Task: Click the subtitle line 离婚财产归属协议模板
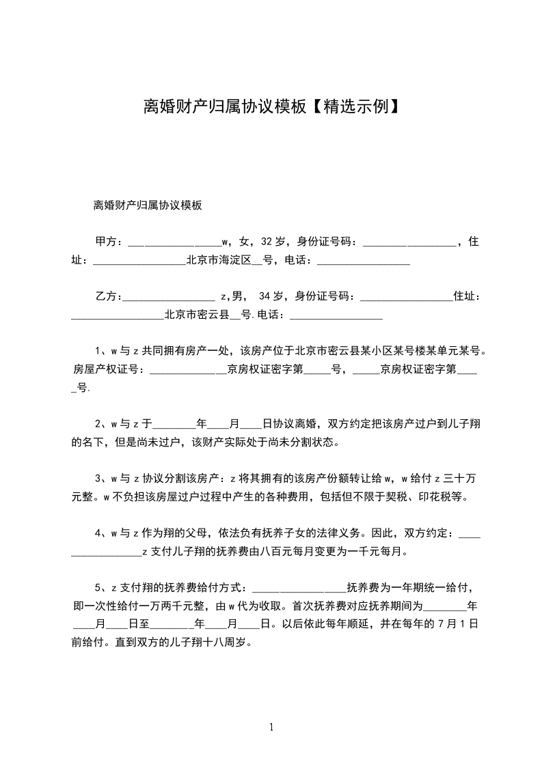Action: [x=147, y=205]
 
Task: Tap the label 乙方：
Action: [x=107, y=296]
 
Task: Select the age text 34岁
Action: [x=271, y=296]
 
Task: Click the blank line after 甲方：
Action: [x=174, y=242]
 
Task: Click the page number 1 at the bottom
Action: [x=271, y=727]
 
